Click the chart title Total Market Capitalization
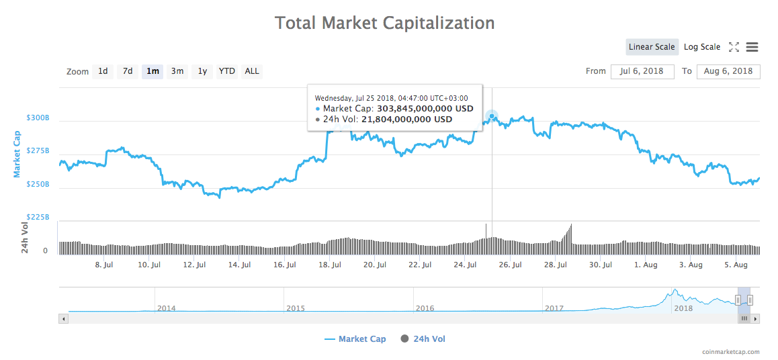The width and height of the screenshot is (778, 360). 384,23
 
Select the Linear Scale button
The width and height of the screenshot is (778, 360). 651,47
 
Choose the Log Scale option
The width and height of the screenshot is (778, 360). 701,47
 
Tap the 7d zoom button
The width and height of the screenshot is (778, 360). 127,71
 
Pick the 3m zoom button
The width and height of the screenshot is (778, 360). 177,71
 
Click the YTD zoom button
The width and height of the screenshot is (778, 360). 227,71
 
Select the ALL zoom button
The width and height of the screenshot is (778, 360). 252,71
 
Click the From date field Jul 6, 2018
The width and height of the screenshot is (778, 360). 642,71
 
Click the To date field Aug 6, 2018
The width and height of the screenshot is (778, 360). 728,71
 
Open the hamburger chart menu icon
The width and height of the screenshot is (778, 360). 752,47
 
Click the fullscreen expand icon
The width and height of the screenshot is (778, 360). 734,47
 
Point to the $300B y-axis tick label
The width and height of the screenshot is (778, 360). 38,118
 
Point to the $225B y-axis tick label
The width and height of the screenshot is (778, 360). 38,217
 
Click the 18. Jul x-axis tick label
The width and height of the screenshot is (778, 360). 329,265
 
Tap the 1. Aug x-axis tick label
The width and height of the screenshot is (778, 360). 646,265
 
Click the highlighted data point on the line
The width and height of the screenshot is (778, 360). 492,116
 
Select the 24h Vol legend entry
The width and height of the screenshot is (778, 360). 429,339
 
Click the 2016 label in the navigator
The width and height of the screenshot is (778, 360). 425,308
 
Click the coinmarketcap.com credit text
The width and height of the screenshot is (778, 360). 730,351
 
